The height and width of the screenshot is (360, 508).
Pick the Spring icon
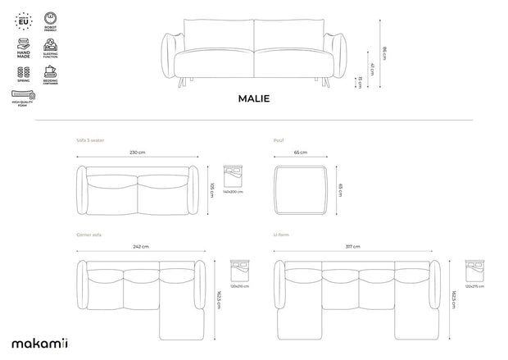coord(22,75)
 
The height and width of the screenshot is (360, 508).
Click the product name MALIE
coord(253,98)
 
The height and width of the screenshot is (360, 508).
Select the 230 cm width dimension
coord(137,153)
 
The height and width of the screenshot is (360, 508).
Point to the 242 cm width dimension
coord(141,247)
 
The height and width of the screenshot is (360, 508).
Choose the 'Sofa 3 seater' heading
coord(90,140)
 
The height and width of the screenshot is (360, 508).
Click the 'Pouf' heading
coord(279,140)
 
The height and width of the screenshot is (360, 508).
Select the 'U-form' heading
coord(282,235)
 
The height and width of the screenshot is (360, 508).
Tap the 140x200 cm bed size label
coord(234,191)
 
